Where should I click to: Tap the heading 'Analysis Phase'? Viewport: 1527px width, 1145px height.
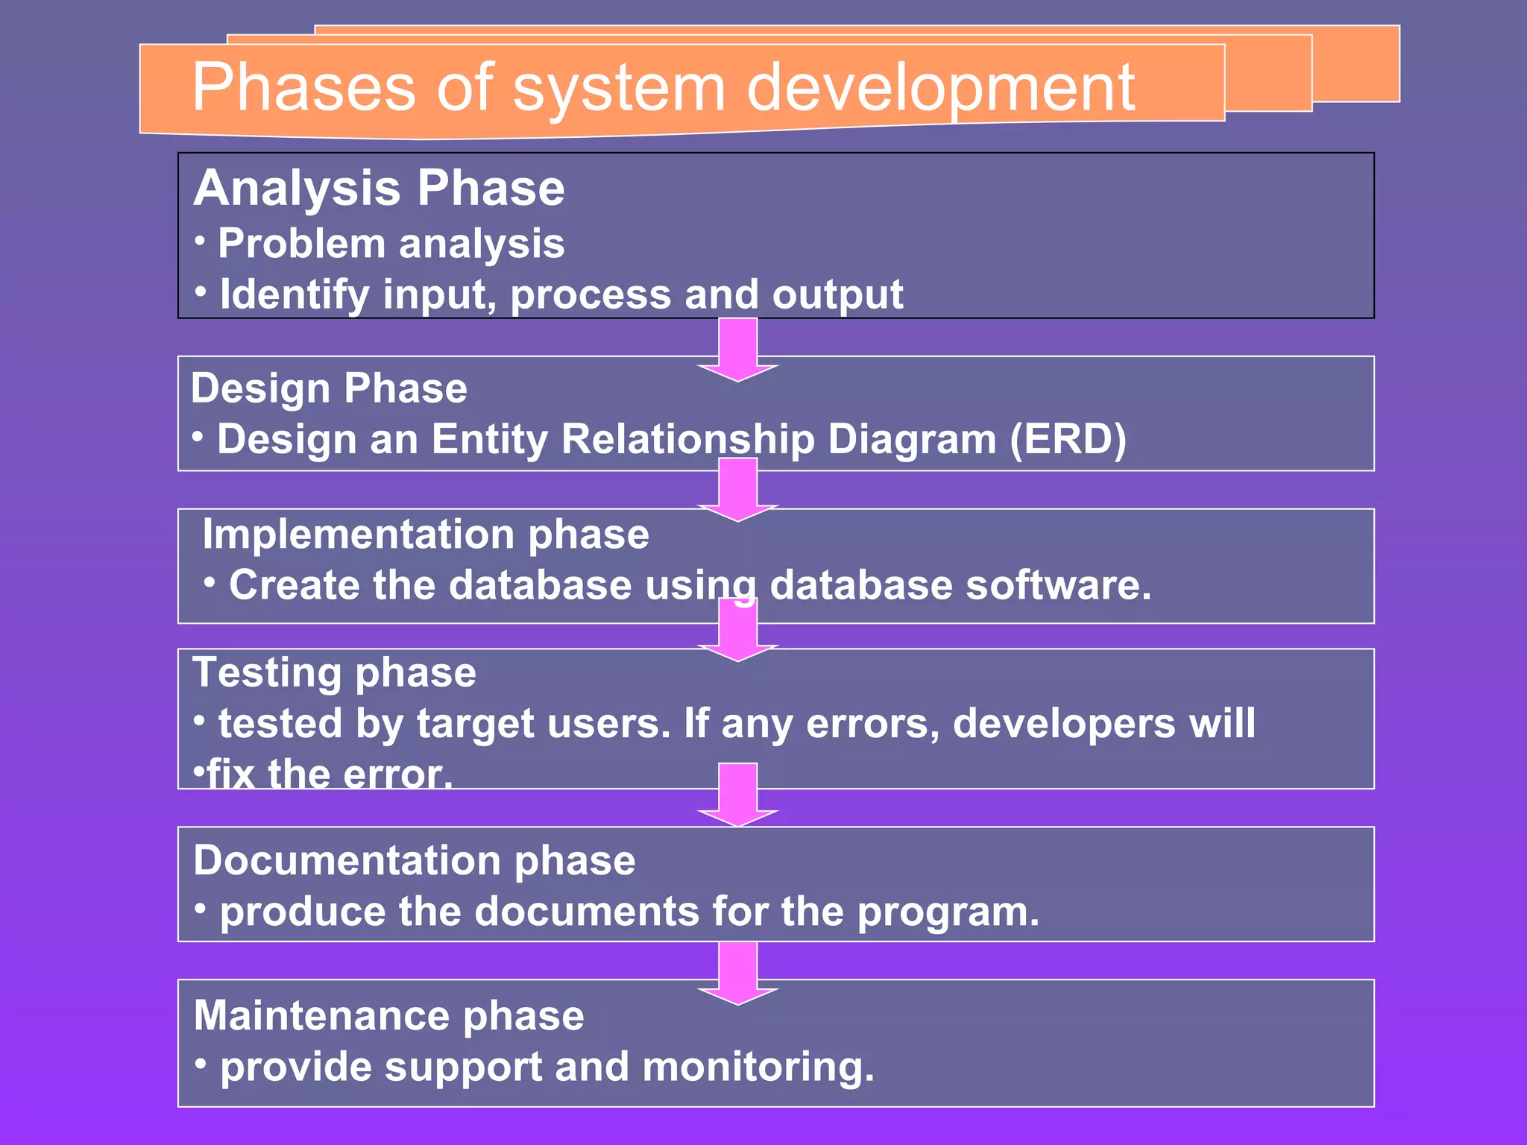click(379, 188)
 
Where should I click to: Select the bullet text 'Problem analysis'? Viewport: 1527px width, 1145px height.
click(391, 244)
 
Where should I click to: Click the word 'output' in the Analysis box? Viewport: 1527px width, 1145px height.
click(837, 294)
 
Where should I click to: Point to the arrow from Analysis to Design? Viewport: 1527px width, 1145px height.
click(738, 349)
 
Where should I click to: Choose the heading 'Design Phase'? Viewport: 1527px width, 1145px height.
click(329, 388)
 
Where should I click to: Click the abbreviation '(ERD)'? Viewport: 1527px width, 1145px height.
click(1068, 439)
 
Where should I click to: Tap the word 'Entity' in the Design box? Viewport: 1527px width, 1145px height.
click(490, 439)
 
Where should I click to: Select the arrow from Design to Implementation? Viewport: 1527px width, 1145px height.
click(738, 489)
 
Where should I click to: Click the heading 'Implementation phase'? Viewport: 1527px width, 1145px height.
click(426, 534)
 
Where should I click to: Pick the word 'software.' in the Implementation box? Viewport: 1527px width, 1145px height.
click(1058, 585)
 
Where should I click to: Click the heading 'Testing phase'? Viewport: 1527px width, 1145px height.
click(334, 672)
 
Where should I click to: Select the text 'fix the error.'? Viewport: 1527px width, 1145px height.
click(330, 774)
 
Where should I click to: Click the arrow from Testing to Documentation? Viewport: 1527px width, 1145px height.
click(738, 795)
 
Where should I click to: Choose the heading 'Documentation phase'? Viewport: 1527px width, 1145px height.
click(414, 861)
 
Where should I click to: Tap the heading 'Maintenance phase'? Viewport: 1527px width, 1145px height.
click(388, 1016)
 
